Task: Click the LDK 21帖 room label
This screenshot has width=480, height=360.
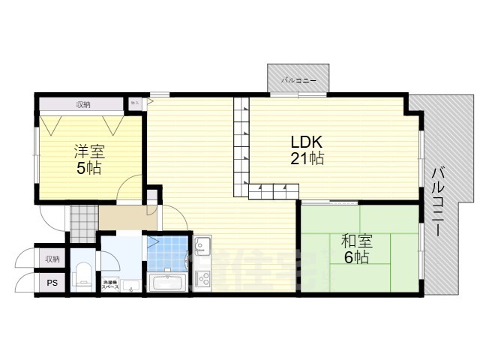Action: click(307, 150)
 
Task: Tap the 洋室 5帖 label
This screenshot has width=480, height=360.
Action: click(88, 158)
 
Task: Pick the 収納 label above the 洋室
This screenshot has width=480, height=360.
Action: click(82, 104)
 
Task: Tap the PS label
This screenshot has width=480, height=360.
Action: click(51, 283)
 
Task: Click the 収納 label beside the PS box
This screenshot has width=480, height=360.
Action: click(51, 259)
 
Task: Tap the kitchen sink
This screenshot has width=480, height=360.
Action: click(202, 247)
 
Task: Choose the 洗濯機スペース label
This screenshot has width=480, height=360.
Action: click(109, 284)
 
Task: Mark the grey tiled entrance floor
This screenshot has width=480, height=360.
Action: click(84, 220)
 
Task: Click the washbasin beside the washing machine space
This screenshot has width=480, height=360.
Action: click(132, 285)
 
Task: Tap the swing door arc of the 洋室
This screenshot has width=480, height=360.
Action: click(130, 187)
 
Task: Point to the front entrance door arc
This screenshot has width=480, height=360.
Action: click(52, 217)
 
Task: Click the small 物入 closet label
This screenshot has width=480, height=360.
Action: click(135, 103)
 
